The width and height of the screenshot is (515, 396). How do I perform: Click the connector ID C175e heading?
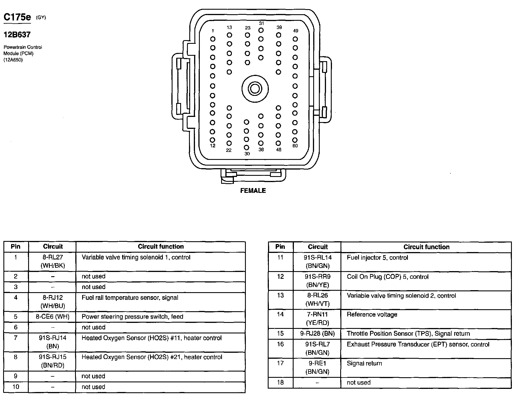(x=17, y=17)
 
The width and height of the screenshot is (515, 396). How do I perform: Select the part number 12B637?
(x=17, y=35)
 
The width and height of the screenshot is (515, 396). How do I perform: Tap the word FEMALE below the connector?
(x=253, y=191)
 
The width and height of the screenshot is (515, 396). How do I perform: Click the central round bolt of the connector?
(x=255, y=89)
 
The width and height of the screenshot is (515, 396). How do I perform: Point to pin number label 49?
(x=296, y=31)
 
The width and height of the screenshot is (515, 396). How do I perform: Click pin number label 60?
(x=295, y=146)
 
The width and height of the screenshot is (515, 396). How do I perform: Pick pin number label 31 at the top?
(x=261, y=23)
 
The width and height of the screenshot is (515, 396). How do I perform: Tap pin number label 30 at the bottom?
(x=247, y=154)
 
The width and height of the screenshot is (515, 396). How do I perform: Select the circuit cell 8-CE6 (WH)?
(x=53, y=317)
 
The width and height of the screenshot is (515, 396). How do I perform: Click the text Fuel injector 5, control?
(x=377, y=258)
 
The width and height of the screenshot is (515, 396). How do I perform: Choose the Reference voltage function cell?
(x=372, y=315)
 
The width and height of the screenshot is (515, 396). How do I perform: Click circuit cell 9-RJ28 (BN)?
(x=317, y=334)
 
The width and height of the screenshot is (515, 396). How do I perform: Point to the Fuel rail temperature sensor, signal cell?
(x=130, y=298)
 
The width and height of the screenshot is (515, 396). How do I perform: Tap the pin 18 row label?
(x=280, y=383)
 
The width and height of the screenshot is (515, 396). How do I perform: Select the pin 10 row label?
(x=16, y=387)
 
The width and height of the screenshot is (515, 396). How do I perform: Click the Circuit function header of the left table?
(x=161, y=247)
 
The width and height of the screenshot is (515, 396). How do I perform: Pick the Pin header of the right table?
(x=280, y=247)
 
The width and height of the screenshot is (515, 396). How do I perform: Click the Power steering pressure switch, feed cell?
(x=132, y=317)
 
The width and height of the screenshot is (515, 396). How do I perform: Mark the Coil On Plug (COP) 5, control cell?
(x=388, y=277)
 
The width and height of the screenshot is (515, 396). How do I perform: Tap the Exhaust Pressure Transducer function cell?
(x=418, y=345)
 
